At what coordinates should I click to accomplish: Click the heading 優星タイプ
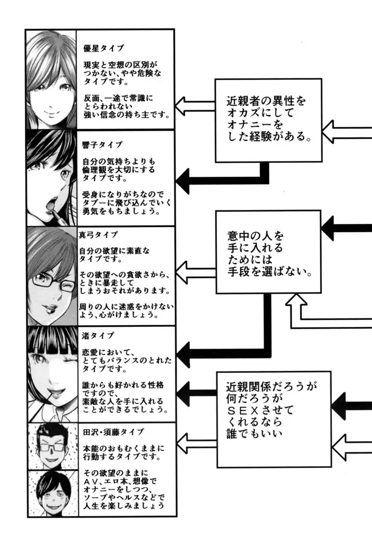[103, 48]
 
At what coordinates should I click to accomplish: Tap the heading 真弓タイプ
[98, 234]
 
